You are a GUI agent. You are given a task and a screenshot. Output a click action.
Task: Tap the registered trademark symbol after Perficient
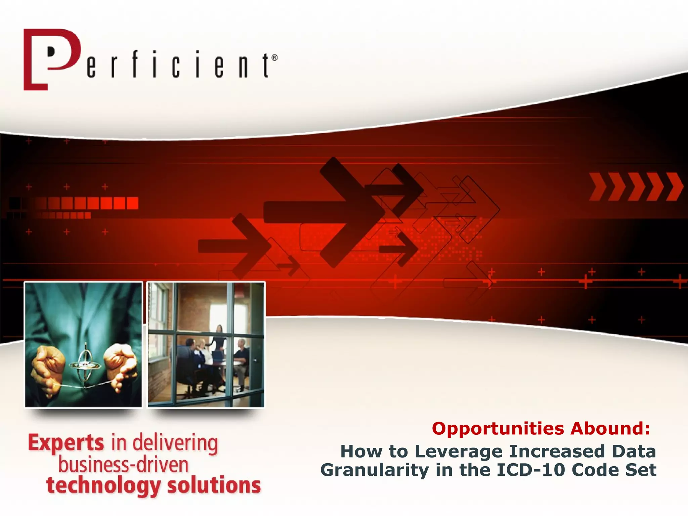click(274, 58)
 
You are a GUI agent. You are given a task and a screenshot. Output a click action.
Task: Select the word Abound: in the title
click(610, 429)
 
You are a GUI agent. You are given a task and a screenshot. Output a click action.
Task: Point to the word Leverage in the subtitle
click(459, 451)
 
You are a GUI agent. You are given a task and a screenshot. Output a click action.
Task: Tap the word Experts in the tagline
click(66, 443)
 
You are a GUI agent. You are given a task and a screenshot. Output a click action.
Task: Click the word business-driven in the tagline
click(123, 465)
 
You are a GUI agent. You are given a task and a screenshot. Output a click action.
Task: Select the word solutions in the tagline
click(214, 486)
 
